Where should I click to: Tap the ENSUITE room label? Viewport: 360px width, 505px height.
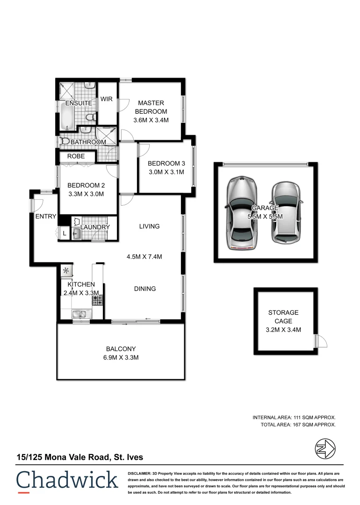79,103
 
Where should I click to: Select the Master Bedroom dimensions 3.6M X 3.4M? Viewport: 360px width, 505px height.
151,120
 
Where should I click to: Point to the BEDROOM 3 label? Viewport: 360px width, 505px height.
166,163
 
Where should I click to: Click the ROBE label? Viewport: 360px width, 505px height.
76,156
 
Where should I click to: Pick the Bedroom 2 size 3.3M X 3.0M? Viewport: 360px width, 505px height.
86,194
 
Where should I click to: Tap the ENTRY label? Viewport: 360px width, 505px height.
45,216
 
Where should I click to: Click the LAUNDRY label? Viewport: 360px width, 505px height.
95,227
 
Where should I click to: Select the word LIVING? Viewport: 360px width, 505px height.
149,226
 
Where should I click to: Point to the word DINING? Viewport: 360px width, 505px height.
144,289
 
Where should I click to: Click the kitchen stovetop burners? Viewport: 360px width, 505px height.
97,299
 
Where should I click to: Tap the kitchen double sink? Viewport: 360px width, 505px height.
78,314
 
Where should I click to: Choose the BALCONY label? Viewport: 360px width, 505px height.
121,348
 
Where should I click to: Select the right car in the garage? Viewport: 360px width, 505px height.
284,212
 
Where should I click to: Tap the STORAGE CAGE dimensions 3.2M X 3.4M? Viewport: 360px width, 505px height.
284,330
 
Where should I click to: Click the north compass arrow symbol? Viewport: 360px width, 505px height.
324,449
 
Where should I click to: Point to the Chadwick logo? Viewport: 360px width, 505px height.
67,480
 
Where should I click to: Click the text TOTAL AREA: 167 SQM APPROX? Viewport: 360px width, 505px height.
298,425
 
